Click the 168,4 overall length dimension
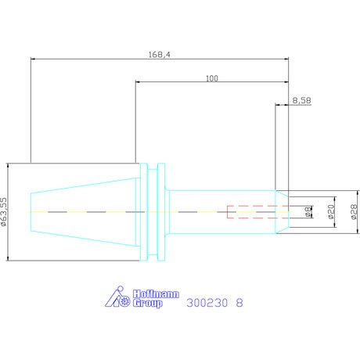click(160, 55)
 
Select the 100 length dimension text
click(212, 78)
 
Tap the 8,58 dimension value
click(301, 100)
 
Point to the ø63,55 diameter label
click(4, 211)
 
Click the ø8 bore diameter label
click(308, 211)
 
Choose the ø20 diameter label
click(331, 211)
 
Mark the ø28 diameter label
click(354, 211)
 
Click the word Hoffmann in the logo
click(156, 294)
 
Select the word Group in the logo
click(147, 304)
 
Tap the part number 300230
click(207, 303)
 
